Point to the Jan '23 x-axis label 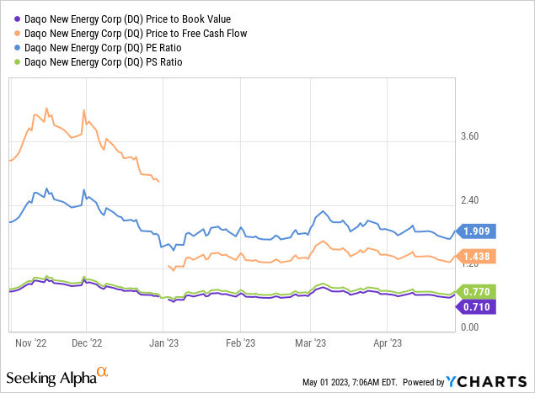163,343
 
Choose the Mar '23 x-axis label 311,343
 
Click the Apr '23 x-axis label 387,343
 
